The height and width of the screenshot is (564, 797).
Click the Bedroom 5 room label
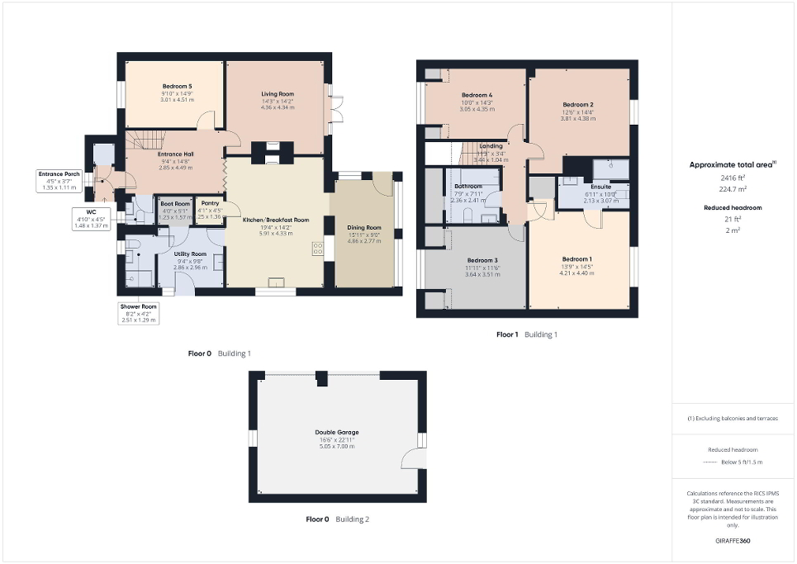click(x=177, y=87)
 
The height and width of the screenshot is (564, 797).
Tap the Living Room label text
click(x=277, y=94)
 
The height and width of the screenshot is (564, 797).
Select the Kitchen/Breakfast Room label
click(x=275, y=220)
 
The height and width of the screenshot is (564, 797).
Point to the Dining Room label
click(x=363, y=227)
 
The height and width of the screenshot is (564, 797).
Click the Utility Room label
click(x=190, y=254)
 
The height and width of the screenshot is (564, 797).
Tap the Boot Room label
click(x=175, y=203)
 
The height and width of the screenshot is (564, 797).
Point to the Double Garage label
click(x=336, y=432)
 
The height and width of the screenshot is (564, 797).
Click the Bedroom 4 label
click(x=477, y=95)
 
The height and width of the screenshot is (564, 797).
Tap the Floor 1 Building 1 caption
click(x=526, y=334)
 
